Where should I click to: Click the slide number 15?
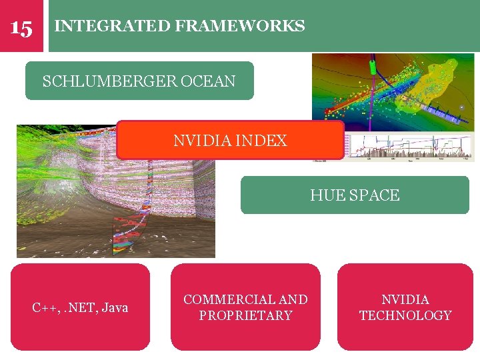(21, 28)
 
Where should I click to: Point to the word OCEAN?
(207, 81)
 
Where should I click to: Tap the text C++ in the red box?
(46, 308)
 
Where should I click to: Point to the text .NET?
(79, 308)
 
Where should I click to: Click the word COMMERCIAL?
(222, 300)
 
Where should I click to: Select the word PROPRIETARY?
(245, 315)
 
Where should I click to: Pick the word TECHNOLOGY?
(405, 315)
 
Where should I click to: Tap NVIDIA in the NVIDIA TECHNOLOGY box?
(405, 300)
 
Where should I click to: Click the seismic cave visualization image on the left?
(67, 200)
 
